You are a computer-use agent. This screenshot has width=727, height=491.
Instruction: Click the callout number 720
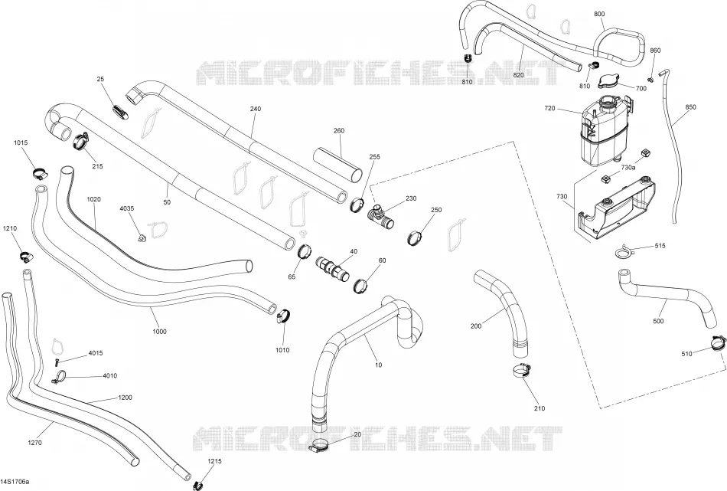[549, 109]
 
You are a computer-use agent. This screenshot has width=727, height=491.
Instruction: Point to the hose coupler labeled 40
[333, 270]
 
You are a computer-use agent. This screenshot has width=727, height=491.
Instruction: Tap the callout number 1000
[159, 332]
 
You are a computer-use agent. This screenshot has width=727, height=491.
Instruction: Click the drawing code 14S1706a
[15, 482]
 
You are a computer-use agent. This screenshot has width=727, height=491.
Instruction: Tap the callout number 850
[691, 107]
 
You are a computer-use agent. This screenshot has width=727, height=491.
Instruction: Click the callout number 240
[256, 109]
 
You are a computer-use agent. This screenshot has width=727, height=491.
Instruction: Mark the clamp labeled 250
[416, 237]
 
